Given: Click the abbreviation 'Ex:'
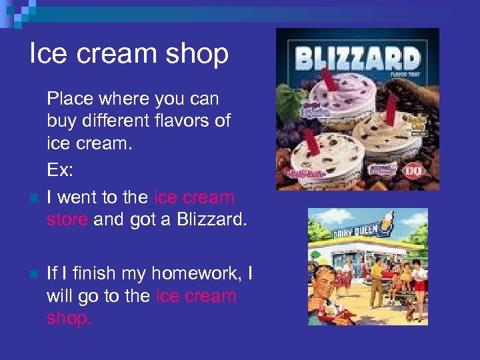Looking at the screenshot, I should [x=60, y=170].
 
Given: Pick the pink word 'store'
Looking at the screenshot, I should [x=67, y=219].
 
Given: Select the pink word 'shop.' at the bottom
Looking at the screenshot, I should [x=69, y=318].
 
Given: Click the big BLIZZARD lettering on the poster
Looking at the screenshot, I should [x=358, y=59].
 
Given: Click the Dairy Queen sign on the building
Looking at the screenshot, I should [x=357, y=231].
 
